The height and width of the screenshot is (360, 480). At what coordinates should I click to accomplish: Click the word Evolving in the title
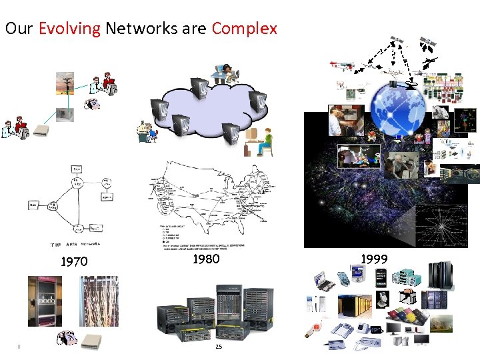(x=69, y=29)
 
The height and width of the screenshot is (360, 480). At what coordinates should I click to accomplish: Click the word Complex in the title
(x=244, y=29)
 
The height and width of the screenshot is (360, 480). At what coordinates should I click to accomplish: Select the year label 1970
(x=74, y=262)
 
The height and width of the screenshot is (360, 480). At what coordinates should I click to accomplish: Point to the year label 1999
(x=374, y=259)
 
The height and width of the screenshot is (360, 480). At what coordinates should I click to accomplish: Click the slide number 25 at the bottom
(x=219, y=346)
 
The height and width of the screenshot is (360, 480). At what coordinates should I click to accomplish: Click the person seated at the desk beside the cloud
(x=263, y=141)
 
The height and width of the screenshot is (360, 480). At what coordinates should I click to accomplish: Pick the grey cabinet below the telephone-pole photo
(x=65, y=115)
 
